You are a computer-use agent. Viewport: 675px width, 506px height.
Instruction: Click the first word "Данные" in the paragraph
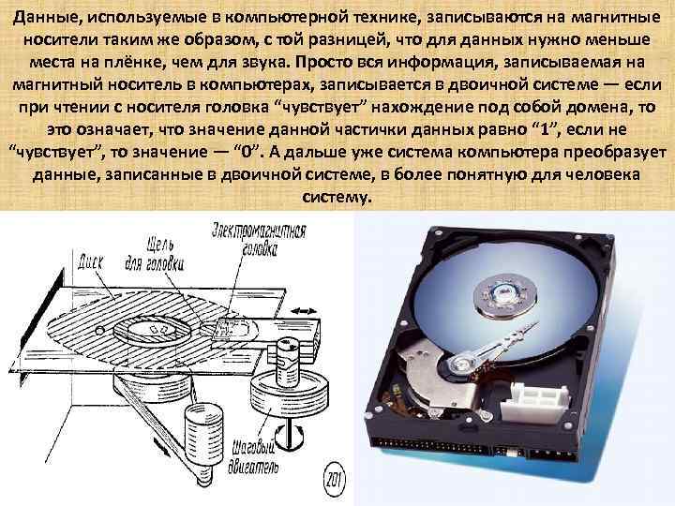(44, 18)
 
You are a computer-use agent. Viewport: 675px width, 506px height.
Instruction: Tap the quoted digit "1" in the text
(545, 129)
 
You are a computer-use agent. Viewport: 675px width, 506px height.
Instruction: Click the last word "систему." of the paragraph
(337, 197)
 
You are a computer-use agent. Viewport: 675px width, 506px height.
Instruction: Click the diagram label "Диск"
(90, 261)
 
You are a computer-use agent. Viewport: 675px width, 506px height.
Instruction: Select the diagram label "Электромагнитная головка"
(260, 240)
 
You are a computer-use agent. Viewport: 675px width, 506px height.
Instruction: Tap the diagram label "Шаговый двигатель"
(253, 457)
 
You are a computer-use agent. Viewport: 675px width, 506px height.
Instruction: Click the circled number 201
(334, 480)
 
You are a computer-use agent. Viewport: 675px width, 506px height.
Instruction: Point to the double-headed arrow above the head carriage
(305, 311)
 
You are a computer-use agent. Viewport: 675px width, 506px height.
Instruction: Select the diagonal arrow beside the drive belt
(161, 446)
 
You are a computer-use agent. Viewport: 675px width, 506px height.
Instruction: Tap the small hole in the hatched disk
(100, 331)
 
